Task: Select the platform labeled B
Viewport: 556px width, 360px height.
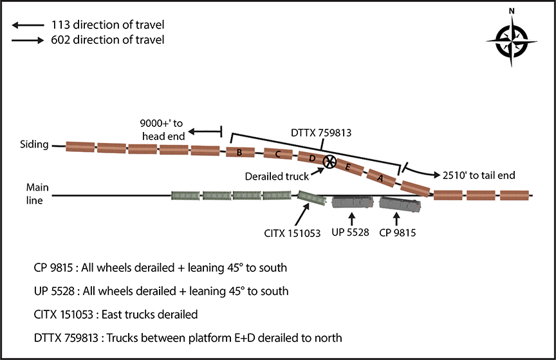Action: [239, 153]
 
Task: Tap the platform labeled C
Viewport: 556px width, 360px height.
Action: [277, 154]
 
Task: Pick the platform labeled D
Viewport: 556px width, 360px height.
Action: [312, 158]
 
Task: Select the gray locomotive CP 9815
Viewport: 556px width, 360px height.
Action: [399, 205]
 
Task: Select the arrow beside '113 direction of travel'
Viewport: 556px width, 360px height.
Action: [25, 25]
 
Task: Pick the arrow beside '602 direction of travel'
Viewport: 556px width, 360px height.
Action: [25, 40]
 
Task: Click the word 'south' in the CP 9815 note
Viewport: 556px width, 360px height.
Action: [273, 267]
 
